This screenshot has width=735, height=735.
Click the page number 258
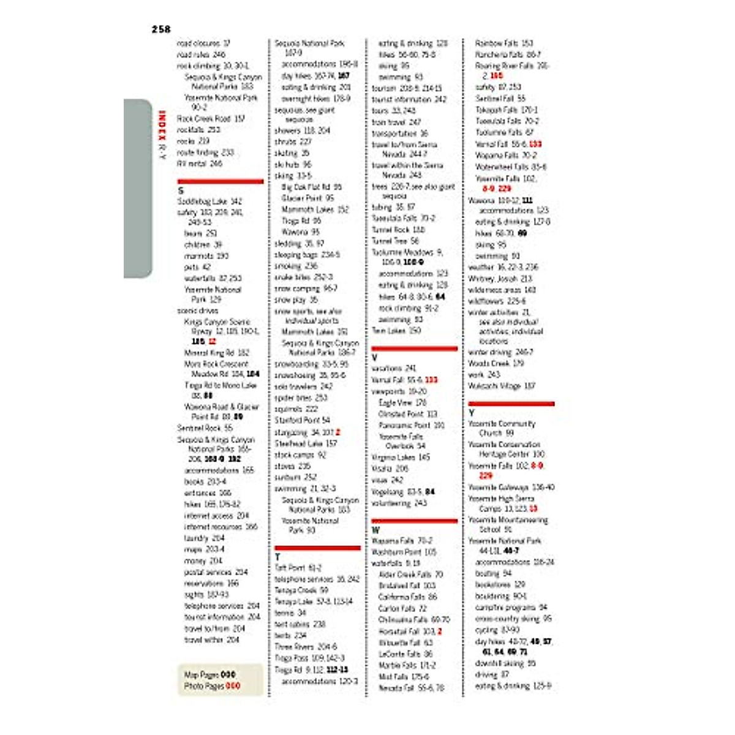(x=161, y=29)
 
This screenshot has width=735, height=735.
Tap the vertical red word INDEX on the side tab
(x=162, y=126)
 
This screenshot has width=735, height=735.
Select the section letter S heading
(x=181, y=190)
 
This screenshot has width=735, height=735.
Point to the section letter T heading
(x=277, y=557)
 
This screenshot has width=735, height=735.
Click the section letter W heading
(x=375, y=530)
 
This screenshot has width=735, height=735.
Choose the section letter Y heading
(x=472, y=413)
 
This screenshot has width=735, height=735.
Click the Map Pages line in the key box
(x=210, y=674)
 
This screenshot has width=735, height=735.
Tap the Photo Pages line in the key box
(x=212, y=686)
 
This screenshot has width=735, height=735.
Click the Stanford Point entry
(x=302, y=420)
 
